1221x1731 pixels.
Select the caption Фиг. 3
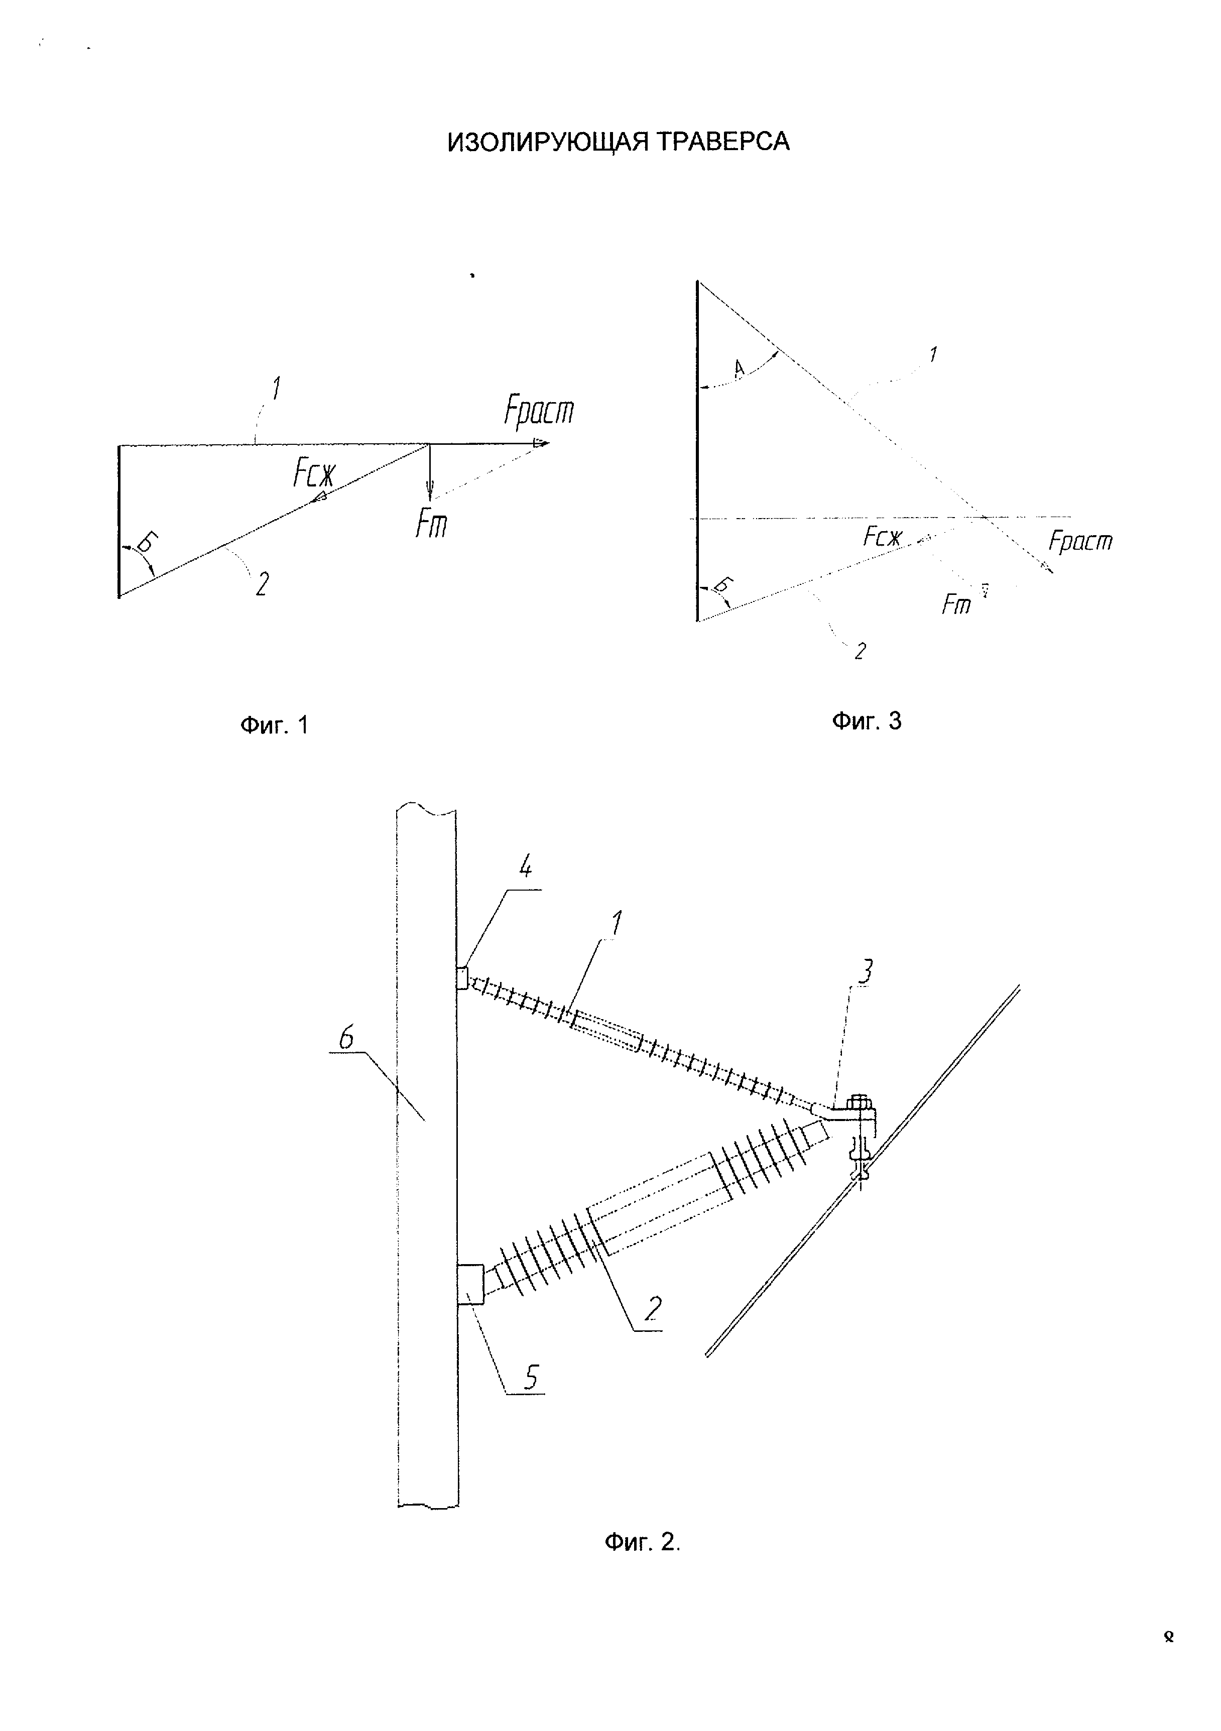pyautogui.click(x=867, y=721)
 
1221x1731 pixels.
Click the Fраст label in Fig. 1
pyautogui.click(x=539, y=412)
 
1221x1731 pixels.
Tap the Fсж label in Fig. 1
pyautogui.click(x=314, y=474)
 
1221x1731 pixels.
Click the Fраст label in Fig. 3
pyautogui.click(x=1080, y=541)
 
